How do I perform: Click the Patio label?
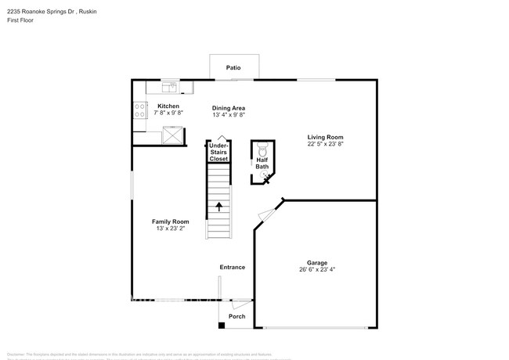(233, 68)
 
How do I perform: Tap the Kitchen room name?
(168, 106)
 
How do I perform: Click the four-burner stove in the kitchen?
(139, 111)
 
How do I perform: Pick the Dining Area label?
(229, 107)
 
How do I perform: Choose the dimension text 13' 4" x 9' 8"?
(229, 115)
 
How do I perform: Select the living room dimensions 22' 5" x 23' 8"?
(324, 143)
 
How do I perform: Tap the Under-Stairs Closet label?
(218, 152)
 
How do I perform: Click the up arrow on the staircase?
(218, 207)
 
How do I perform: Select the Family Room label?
(170, 221)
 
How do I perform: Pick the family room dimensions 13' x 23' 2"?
(170, 229)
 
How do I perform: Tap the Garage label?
(316, 262)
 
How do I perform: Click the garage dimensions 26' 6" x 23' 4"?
(316, 270)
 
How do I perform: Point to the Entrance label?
(232, 267)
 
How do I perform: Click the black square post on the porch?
(222, 325)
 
